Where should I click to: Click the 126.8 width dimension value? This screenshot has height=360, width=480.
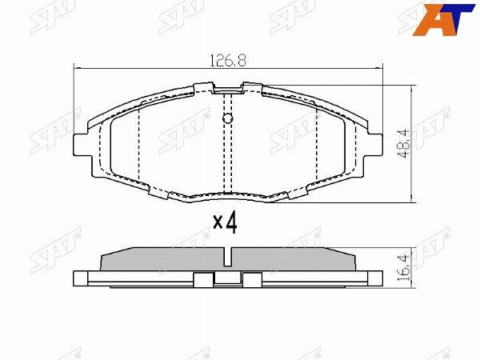229,58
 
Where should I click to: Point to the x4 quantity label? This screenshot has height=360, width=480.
226,223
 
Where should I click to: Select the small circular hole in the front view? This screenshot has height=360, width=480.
227,120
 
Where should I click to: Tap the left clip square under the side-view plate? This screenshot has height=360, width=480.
204,280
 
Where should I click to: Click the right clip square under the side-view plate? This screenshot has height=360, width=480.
252,280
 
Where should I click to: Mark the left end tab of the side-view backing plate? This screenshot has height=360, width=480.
80,278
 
